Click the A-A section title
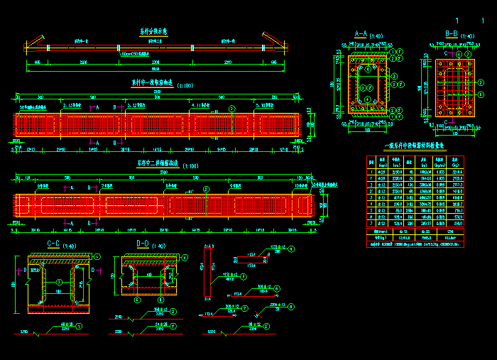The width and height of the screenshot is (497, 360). coord(360,33)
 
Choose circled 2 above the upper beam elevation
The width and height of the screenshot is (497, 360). coord(232,108)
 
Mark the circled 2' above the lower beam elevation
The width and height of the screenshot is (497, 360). coord(207,188)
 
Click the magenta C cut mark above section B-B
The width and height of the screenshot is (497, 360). coord(446,53)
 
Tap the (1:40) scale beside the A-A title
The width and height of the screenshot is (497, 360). coord(377,35)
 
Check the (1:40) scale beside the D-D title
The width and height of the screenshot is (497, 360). coord(159,246)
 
